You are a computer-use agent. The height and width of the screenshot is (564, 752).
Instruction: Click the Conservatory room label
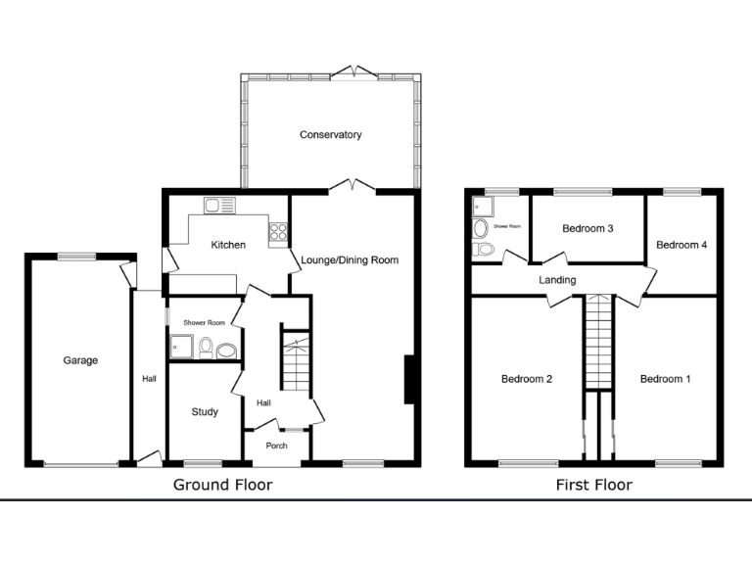point(331,135)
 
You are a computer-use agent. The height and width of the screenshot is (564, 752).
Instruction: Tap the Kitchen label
point(228,245)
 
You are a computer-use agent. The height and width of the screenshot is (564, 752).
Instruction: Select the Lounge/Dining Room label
point(350,260)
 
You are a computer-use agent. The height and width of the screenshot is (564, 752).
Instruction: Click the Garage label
point(80,360)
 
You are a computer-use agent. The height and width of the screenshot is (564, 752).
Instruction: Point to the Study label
point(205,412)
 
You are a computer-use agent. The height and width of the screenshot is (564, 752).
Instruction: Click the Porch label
point(277,446)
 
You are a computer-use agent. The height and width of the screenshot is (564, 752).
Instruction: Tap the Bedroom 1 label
point(666,379)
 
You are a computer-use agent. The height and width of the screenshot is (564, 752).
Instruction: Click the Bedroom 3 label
point(587,229)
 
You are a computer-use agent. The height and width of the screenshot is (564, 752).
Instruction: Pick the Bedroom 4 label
point(681,245)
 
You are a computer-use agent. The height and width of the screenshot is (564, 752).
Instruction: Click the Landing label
point(557,280)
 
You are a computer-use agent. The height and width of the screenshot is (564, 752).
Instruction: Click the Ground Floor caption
point(222,485)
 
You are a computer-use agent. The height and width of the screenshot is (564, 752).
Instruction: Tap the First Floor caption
point(593,485)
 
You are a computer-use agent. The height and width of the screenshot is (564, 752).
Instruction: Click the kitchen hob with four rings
point(277,232)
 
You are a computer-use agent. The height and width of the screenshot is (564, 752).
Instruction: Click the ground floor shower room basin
point(227,350)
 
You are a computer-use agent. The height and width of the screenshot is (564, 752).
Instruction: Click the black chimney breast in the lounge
point(412,380)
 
